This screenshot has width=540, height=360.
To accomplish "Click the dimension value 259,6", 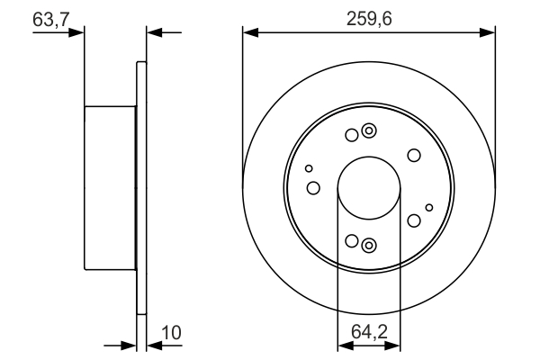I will click(369, 16).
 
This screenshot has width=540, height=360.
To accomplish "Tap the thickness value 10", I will click(171, 333).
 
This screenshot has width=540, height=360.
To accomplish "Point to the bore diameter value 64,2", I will click(369, 333).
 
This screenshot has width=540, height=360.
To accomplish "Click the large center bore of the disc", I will click(368, 189).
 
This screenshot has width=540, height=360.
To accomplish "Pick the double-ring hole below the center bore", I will click(367, 244).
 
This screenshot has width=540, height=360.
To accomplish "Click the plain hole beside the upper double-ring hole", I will click(351, 136).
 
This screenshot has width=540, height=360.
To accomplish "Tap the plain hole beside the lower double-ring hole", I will click(351, 241).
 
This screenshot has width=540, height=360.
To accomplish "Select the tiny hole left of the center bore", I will click(309, 168).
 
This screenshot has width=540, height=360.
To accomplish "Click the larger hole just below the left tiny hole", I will click(313, 188).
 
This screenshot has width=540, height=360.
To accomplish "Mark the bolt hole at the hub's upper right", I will click(414, 156).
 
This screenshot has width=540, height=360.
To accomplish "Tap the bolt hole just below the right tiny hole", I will click(414, 221).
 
